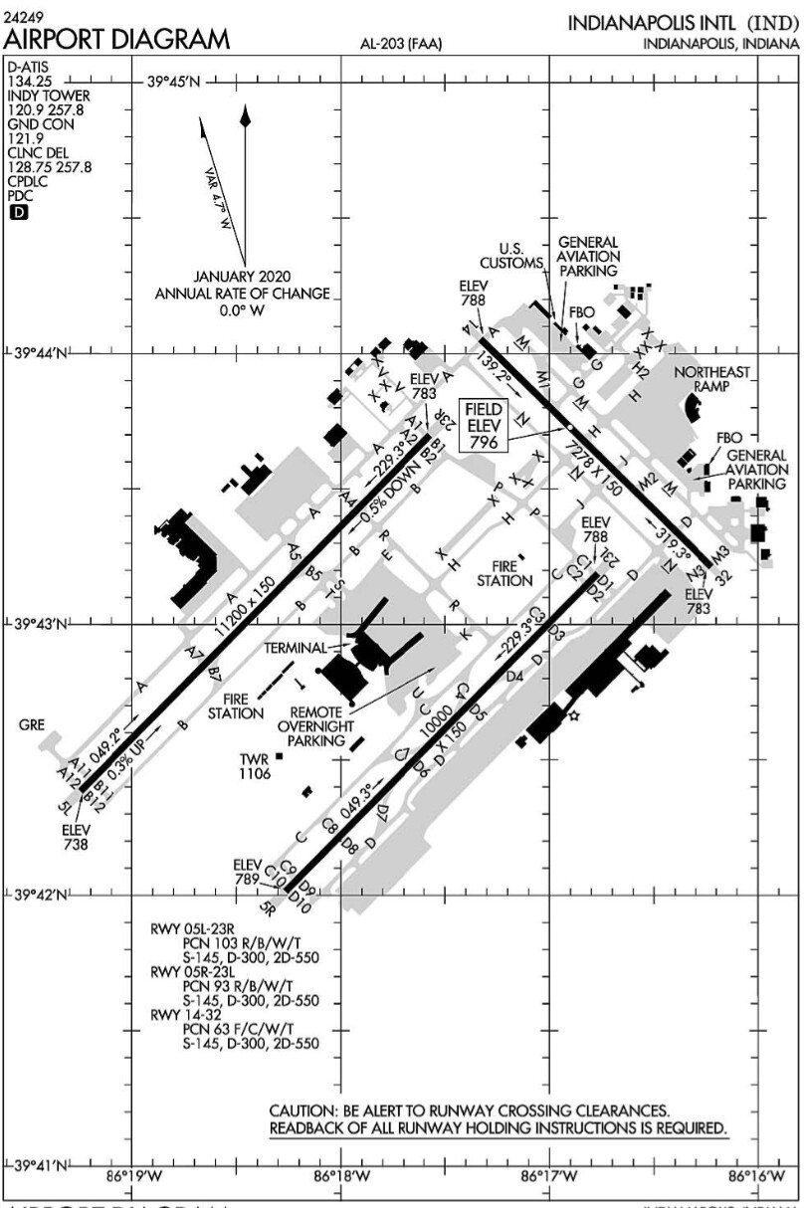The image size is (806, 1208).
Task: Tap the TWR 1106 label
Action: click(255, 765)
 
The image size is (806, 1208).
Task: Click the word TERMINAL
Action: click(295, 647)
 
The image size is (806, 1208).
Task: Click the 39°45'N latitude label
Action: click(173, 82)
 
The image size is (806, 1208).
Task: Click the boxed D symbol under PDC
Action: click(17, 210)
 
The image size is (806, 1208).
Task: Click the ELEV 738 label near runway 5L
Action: click(76, 837)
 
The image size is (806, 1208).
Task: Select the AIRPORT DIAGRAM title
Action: click(117, 40)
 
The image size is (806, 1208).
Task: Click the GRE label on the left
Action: click(32, 725)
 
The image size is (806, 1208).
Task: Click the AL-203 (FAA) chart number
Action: click(402, 44)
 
